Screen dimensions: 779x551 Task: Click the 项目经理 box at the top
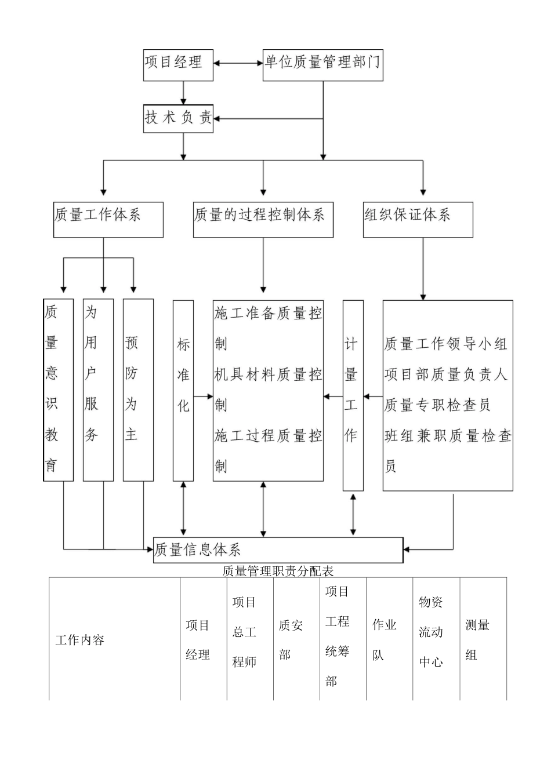[x=178, y=64]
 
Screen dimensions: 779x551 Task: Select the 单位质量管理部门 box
[x=322, y=64]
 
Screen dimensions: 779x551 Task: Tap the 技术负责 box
[x=178, y=118]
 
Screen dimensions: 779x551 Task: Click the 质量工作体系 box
[x=108, y=220]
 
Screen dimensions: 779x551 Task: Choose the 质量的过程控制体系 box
[x=263, y=220]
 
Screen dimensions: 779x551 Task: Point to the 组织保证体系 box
[x=418, y=220]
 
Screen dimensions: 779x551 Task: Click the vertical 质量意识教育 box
[x=59, y=390]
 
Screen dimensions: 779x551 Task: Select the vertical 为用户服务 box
[x=98, y=390]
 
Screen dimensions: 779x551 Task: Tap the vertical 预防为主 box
[x=138, y=390]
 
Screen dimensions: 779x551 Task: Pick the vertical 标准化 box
[x=183, y=390]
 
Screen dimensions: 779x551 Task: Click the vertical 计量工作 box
[x=353, y=395]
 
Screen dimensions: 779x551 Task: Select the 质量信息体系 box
[x=278, y=550]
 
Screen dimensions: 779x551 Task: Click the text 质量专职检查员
[x=438, y=405]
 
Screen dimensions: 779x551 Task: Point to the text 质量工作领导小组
[x=445, y=344]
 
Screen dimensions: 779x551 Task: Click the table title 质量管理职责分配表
[x=278, y=571]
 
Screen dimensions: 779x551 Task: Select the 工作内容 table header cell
[x=80, y=640]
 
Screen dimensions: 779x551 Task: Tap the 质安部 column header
[x=291, y=640]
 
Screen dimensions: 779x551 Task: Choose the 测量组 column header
[x=477, y=640]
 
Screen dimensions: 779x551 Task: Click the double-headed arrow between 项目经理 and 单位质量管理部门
[x=238, y=63]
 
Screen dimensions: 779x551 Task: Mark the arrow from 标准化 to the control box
[x=203, y=396]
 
